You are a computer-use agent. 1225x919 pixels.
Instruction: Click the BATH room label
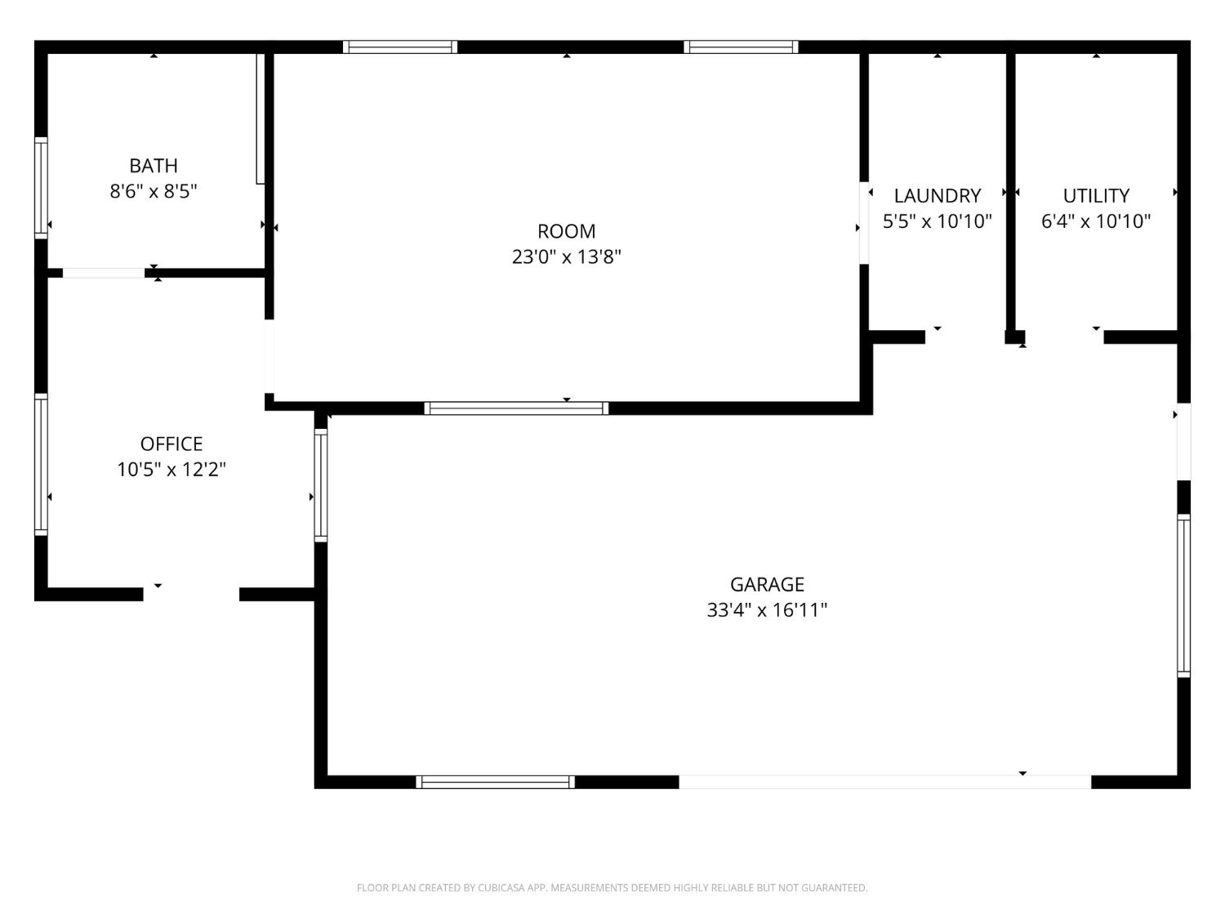(x=154, y=166)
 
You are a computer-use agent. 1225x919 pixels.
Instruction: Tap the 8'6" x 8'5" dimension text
(x=154, y=191)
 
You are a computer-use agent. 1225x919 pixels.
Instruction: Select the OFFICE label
(x=171, y=444)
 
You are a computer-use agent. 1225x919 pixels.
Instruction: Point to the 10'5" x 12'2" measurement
(x=171, y=470)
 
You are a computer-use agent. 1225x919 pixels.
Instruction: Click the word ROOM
(x=566, y=231)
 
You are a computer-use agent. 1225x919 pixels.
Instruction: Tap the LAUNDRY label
(x=937, y=196)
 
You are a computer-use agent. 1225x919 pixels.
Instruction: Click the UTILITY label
(x=1096, y=196)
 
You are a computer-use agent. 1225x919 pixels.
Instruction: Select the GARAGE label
(x=767, y=584)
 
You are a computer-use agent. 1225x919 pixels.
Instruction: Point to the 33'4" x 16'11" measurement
(x=767, y=610)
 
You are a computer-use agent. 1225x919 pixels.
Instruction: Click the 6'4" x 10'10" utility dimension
(x=1096, y=221)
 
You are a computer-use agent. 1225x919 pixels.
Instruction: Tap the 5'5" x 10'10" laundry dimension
(x=937, y=221)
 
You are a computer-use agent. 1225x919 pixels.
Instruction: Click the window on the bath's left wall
(x=41, y=188)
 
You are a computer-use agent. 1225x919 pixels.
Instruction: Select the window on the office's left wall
(x=41, y=464)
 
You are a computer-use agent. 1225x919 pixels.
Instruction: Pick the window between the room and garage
(x=516, y=408)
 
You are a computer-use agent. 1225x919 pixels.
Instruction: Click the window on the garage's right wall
(x=1183, y=596)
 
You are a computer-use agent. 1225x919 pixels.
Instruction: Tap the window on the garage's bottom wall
(x=495, y=782)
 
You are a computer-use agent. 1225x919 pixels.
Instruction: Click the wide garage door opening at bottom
(x=884, y=782)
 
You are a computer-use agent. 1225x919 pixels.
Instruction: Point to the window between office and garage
(x=321, y=485)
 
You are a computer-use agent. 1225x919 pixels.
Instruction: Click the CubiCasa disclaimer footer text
(x=612, y=888)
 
